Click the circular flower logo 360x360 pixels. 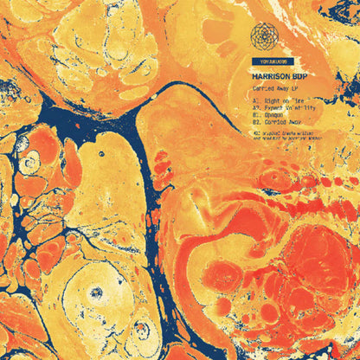tap(266, 35)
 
